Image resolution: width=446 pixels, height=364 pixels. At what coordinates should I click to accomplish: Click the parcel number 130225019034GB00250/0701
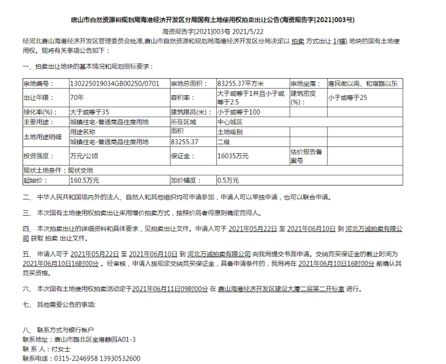pyautogui.click(x=115, y=83)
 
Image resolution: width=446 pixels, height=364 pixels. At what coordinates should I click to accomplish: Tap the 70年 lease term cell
pyautogui.click(x=77, y=97)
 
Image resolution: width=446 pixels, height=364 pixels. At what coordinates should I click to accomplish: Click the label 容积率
pyautogui.click(x=183, y=97)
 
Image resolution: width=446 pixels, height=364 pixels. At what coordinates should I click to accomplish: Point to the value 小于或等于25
pyautogui.click(x=347, y=97)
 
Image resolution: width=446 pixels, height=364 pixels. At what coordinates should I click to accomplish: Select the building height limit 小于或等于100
pyautogui.click(x=239, y=112)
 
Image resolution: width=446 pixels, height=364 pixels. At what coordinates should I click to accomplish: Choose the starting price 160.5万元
pyautogui.click(x=85, y=180)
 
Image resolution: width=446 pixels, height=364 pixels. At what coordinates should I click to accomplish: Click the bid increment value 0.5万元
pyautogui.click(x=228, y=180)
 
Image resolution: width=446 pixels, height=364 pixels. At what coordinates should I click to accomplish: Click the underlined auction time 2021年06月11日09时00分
pyautogui.click(x=170, y=289)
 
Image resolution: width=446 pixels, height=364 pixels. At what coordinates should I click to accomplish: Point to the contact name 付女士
pyautogui.click(x=61, y=349)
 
